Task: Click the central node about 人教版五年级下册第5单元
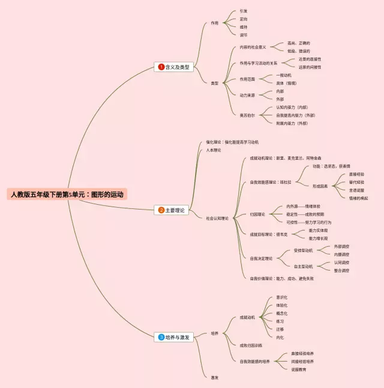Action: coord(68,195)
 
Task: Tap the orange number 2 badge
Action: coord(161,210)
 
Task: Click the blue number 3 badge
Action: coord(161,337)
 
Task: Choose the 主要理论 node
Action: coord(176,210)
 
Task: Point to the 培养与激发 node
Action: coord(178,337)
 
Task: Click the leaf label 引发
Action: coord(243,11)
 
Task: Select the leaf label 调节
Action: coord(243,35)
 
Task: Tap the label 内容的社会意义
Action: coord(253,47)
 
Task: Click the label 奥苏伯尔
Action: coord(247,114)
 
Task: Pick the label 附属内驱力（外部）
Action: coord(292,123)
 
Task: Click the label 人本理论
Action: coord(214,150)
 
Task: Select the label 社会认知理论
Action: coord(217,219)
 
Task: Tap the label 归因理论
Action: coord(257,214)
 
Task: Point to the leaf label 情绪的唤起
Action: coord(358,198)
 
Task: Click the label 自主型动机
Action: coord(303,266)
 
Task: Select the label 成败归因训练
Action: coord(251,345)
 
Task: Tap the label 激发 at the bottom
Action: coord(214,377)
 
